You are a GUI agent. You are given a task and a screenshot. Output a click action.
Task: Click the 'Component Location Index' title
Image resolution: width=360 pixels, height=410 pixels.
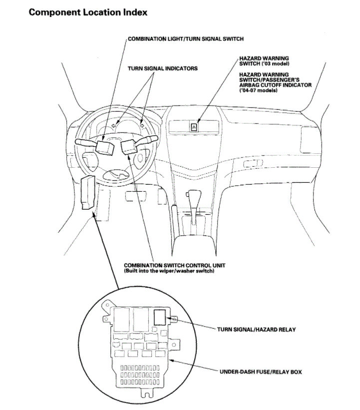coord(88,12)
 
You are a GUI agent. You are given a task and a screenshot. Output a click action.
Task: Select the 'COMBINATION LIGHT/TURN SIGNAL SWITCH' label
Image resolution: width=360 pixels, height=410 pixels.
coord(186,38)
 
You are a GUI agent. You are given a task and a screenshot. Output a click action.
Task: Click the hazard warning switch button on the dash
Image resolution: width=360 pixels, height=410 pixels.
coord(194,127)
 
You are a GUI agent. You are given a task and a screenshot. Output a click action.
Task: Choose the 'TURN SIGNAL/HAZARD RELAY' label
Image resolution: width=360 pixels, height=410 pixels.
coord(256,330)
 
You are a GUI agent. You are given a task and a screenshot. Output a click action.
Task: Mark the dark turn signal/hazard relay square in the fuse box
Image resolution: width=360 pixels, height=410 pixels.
coord(160,317)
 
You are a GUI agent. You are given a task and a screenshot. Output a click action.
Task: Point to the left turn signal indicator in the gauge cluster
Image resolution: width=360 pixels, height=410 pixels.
coord(114,126)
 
